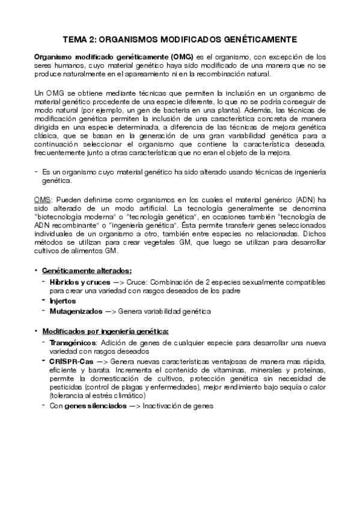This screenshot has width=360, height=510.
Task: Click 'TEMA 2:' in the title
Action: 80,40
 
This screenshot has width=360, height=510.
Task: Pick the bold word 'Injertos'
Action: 63,301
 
